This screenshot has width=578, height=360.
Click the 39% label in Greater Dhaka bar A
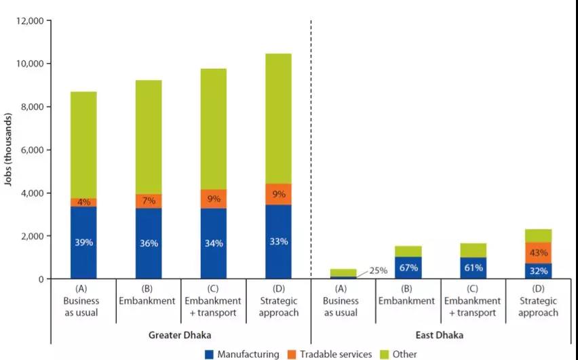click(84, 243)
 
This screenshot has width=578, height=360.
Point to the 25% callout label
click(378, 271)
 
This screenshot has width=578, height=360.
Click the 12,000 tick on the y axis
click(28, 21)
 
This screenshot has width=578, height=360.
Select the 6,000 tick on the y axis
click(31, 150)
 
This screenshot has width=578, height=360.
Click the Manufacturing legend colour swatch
click(210, 354)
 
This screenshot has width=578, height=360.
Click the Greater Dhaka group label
click(180, 334)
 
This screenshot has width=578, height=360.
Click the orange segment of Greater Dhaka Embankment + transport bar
click(214, 199)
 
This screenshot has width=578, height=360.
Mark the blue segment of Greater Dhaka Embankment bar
click(149, 243)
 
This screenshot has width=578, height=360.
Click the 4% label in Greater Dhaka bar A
click(84, 201)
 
